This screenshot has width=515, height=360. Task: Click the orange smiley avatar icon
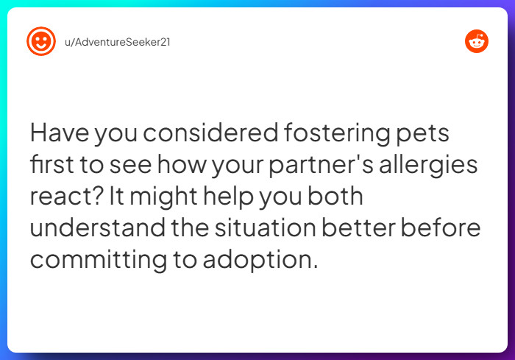tap(41, 41)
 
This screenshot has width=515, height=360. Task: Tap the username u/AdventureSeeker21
tap(118, 41)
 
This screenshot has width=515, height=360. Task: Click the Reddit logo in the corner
tap(477, 41)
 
